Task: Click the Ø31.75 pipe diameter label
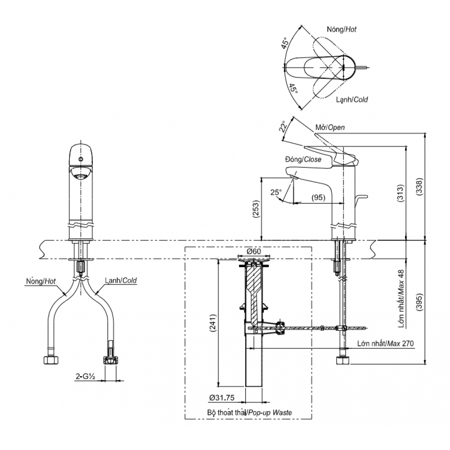[222, 398]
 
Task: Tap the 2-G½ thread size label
[85, 376]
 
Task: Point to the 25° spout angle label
[276, 192]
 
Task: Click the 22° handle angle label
[283, 126]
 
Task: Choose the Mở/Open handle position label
[330, 128]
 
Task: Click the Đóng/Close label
[303, 159]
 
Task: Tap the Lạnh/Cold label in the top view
[351, 99]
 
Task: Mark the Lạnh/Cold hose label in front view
[120, 280]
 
